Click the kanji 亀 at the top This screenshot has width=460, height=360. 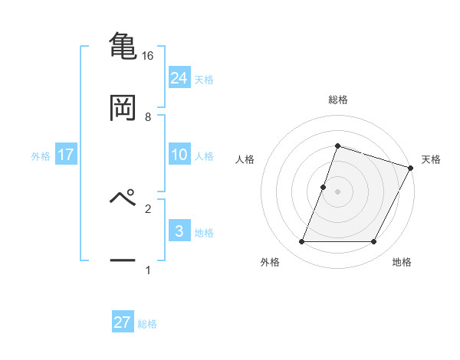point(123,45)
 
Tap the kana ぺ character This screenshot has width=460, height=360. point(123,198)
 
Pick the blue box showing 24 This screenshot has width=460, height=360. point(179,77)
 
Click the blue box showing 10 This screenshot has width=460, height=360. point(179,155)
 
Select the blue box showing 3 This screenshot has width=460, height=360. point(179,231)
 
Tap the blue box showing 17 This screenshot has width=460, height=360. point(66,155)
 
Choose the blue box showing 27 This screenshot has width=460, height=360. point(123,322)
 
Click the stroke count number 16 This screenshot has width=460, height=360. point(148,56)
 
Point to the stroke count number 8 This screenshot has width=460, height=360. point(148,117)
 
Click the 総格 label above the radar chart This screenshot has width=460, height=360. point(337,100)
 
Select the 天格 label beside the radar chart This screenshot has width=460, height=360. point(432,159)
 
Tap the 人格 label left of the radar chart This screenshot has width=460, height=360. point(245,159)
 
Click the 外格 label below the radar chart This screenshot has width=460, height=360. point(270,263)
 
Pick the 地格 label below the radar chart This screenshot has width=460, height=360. point(402,263)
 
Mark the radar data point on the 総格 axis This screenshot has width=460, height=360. point(337,146)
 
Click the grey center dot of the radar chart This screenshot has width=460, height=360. point(337,191)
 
